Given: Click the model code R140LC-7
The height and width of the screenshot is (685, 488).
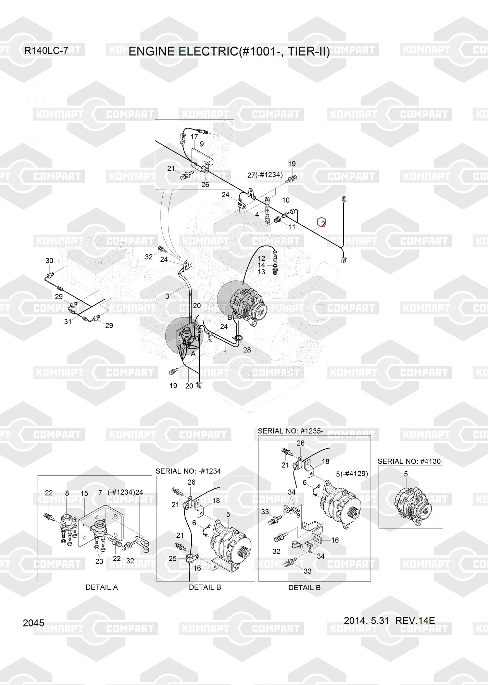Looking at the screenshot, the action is tap(46, 51).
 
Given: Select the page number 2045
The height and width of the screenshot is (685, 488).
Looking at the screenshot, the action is tap(34, 623).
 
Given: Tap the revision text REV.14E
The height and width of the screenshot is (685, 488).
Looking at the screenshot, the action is tap(415, 620).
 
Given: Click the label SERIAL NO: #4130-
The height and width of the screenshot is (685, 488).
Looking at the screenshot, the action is tap(410, 461).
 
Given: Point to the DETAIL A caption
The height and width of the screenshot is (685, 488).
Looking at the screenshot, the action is tap(102, 587).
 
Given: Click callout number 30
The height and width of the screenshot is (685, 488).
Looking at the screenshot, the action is tap(49, 261).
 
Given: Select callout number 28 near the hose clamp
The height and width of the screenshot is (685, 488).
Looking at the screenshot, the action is tap(247, 350).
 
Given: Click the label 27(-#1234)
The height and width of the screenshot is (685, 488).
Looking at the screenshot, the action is tap(265, 175).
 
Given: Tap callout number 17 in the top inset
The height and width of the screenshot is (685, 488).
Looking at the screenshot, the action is tap(194, 137).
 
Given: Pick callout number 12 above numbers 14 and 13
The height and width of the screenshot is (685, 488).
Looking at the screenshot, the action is tap(261, 258).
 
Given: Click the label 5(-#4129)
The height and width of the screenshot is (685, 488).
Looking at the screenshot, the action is tap(352, 474).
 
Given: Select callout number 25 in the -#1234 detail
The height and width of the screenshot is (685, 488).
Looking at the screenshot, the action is tap(173, 558).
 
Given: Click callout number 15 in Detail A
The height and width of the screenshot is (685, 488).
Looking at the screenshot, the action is tap(84, 493).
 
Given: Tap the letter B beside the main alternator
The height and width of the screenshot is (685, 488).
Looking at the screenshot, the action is tap(230, 317).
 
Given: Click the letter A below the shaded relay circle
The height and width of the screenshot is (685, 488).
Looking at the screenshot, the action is tap(193, 354).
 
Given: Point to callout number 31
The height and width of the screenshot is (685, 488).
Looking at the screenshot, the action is tap(68, 321).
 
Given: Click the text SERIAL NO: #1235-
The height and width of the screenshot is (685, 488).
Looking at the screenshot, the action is tap(290, 431).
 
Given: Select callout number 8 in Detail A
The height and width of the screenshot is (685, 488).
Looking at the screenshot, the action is tap(67, 493).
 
